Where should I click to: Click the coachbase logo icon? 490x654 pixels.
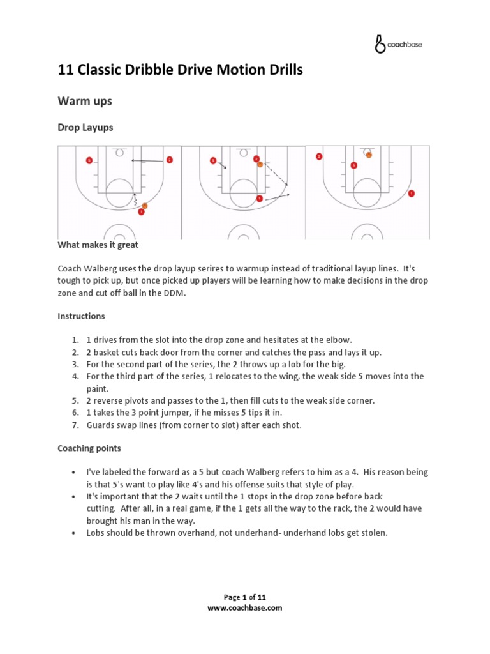[x=380, y=44]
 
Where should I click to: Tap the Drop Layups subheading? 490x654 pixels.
[x=85, y=127]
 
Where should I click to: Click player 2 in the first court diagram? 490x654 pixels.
[x=169, y=160]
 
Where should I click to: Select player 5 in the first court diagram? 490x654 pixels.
[x=89, y=160]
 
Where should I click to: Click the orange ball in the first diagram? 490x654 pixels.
[x=145, y=206]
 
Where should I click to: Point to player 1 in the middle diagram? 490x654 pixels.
[x=259, y=199]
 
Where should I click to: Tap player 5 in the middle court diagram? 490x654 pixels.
[x=212, y=161]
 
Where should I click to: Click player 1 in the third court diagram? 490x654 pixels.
[x=412, y=193]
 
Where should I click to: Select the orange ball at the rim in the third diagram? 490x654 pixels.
[x=369, y=154]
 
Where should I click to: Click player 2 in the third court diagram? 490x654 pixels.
[x=318, y=156]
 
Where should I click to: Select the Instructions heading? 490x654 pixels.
[x=82, y=316]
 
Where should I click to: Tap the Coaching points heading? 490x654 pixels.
[x=89, y=448]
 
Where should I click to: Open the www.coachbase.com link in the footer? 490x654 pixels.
[x=245, y=608]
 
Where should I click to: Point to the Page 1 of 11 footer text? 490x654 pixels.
[x=245, y=597]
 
